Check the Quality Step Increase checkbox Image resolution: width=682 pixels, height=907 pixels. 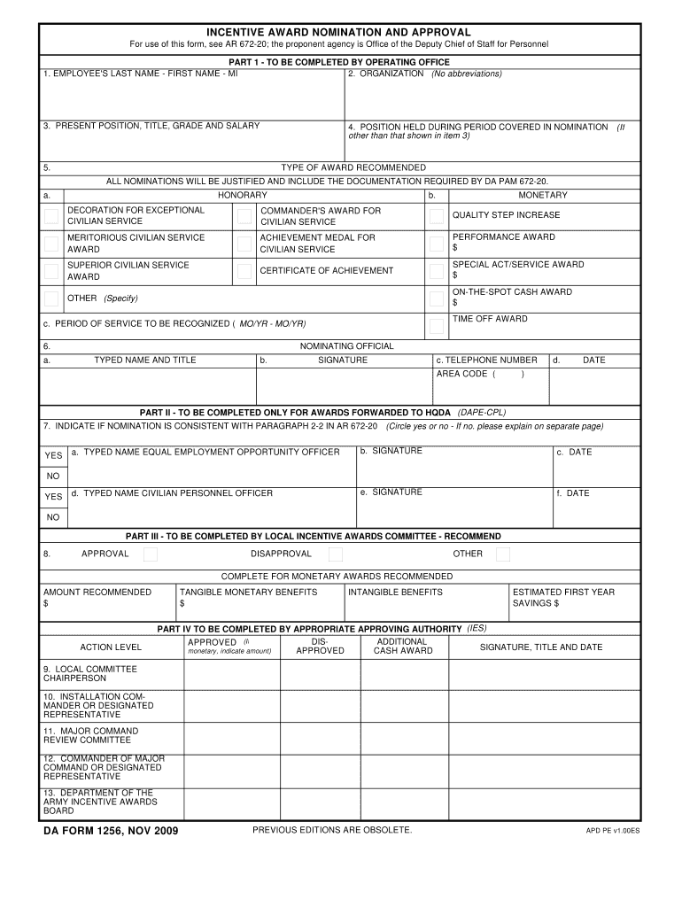coord(437,216)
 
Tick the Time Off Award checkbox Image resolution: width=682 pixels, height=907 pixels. coord(437,326)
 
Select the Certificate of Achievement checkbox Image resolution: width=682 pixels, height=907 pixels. coord(244,271)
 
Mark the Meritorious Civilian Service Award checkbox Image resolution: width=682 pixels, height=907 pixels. coord(52,244)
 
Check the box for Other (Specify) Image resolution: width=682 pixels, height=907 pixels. coord(52,298)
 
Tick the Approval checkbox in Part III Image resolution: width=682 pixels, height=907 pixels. coord(151,554)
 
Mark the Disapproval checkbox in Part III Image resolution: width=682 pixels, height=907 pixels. coord(336,554)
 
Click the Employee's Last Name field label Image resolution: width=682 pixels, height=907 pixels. coord(140,74)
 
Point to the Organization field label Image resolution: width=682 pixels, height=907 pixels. coord(386,74)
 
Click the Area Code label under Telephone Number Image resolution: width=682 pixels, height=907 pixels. coord(461,374)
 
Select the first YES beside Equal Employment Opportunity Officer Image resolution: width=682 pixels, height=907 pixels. coord(54,456)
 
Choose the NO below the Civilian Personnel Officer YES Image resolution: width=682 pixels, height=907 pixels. coord(54,517)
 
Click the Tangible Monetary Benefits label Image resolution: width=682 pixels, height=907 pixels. coord(248,592)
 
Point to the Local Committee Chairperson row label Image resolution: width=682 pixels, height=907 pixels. coord(90,673)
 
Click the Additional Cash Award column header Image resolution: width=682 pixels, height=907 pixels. coord(403,646)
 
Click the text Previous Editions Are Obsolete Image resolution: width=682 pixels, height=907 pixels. coord(332,830)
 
